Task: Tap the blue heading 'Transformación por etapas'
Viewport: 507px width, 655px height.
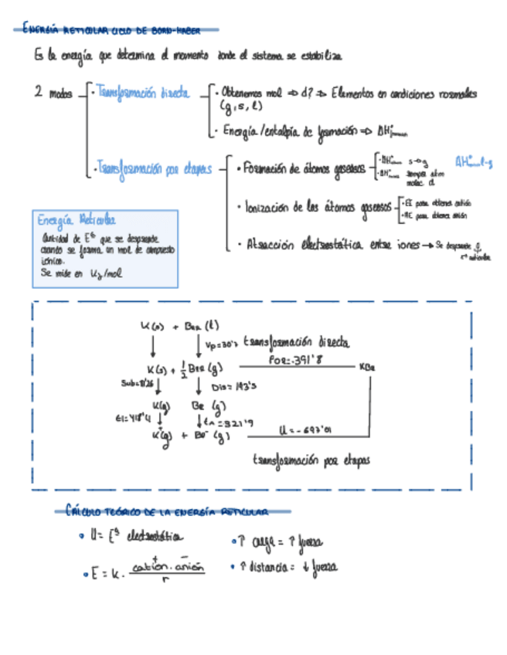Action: [153, 168]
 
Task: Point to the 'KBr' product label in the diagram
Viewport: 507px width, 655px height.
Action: [367, 367]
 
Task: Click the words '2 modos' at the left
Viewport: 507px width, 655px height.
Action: [53, 94]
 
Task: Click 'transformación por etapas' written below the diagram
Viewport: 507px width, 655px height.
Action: [311, 460]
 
